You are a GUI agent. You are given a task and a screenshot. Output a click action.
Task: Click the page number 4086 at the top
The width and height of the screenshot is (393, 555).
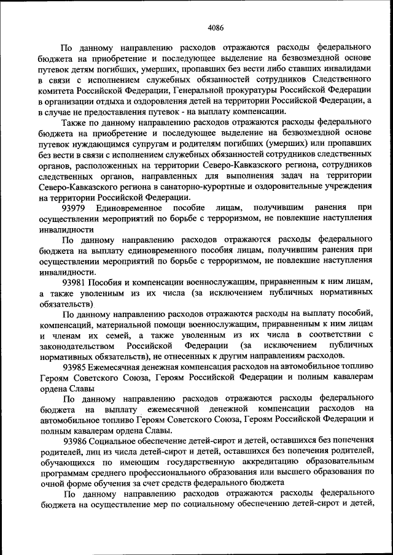216,28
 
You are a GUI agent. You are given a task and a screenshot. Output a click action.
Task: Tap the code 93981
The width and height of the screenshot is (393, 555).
75,282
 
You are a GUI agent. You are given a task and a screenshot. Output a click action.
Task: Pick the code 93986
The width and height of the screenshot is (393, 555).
75,440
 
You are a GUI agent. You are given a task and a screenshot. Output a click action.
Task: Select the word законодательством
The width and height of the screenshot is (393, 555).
79,346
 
